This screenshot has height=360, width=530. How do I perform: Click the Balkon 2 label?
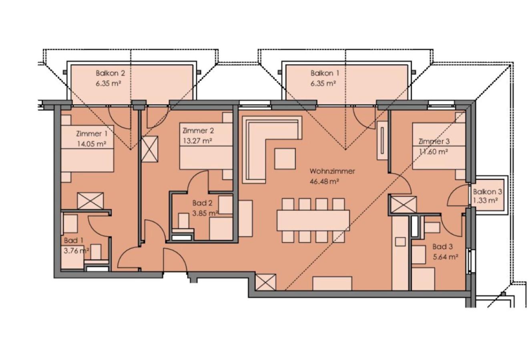pyautogui.click(x=110, y=73)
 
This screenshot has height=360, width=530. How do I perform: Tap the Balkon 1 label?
pyautogui.click(x=325, y=73)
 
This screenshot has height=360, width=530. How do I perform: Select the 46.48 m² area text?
pyautogui.click(x=324, y=182)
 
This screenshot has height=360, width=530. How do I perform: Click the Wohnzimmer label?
pyautogui.click(x=332, y=171)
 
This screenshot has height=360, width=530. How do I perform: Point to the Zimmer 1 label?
pyautogui.click(x=92, y=134)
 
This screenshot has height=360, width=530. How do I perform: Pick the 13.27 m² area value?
pyautogui.click(x=198, y=141)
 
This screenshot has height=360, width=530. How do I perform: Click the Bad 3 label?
pyautogui.click(x=442, y=247)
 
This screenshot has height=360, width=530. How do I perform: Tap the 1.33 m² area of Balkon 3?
pyautogui.click(x=485, y=201)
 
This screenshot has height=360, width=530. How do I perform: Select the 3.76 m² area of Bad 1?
pyautogui.click(x=76, y=250)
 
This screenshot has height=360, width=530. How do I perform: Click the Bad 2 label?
pyautogui.click(x=202, y=203)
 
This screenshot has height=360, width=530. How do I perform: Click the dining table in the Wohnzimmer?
pyautogui.click(x=313, y=221)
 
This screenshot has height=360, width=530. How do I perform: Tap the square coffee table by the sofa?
pyautogui.click(x=285, y=159)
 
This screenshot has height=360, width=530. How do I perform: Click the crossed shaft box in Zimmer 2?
pyautogui.click(x=150, y=149)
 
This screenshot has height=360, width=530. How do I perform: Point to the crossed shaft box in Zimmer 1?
pyautogui.click(x=90, y=201)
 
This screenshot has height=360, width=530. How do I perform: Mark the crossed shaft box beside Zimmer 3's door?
pyautogui.click(x=404, y=205)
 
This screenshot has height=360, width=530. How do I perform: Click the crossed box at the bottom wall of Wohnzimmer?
pyautogui.click(x=266, y=282)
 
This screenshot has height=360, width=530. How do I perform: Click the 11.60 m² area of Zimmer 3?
pyautogui.click(x=433, y=151)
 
